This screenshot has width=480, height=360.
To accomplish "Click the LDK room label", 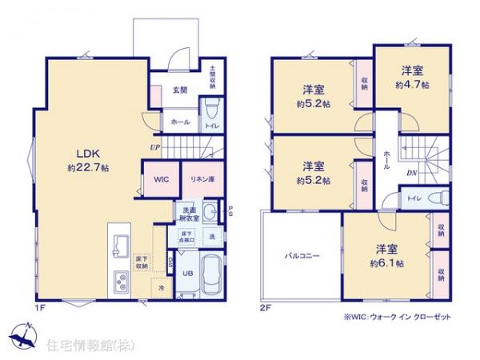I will (x=87, y=153).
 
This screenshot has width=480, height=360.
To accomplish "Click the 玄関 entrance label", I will (x=179, y=90).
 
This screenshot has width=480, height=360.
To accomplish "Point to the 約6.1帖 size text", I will (x=386, y=262).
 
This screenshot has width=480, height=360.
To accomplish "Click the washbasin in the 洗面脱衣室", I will (x=209, y=213).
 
